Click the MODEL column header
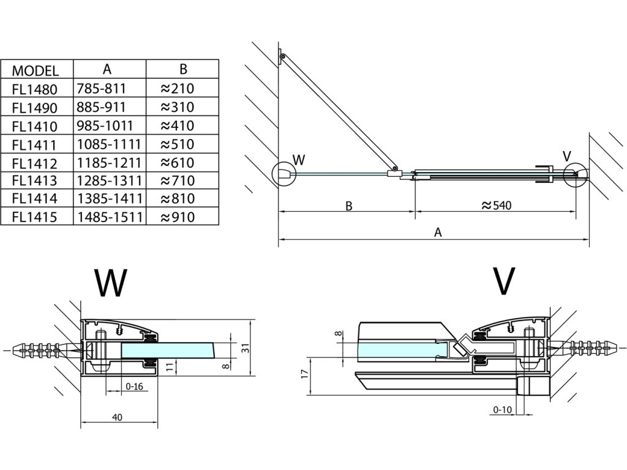pyautogui.click(x=35, y=71)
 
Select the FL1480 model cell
pyautogui.click(x=35, y=89)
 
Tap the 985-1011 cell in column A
pyautogui.click(x=105, y=125)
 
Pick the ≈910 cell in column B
pyautogui.click(x=178, y=217)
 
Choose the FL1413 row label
pyautogui.click(x=35, y=181)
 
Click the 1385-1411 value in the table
pyautogui.click(x=110, y=199)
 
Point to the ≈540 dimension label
pyautogui.click(x=497, y=206)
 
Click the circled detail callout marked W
pyautogui.click(x=283, y=174)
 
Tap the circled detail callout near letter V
pyautogui.click(x=576, y=174)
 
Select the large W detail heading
pyautogui.click(x=111, y=283)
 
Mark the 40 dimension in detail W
pyautogui.click(x=117, y=417)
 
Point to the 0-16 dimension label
pyautogui.click(x=134, y=387)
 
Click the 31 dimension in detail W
pyautogui.click(x=246, y=348)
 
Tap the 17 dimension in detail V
pyautogui.click(x=305, y=375)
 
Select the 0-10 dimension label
pyautogui.click(x=502, y=409)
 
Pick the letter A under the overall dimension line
pyautogui.click(x=438, y=233)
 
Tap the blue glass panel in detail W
pyautogui.click(x=168, y=351)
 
